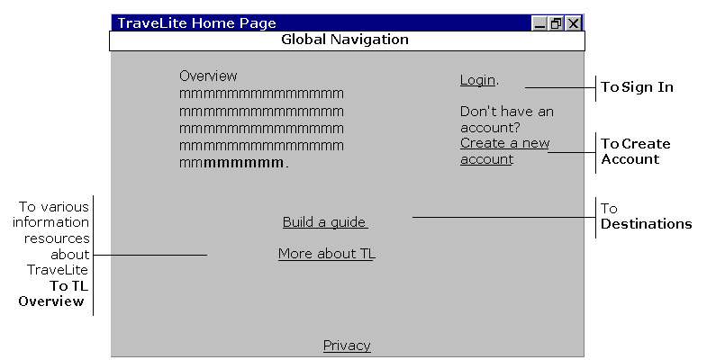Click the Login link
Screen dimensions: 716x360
tap(477, 80)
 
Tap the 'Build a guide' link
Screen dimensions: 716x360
tap(325, 222)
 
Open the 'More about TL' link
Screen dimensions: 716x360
tap(327, 254)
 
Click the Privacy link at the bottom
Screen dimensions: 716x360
tap(347, 346)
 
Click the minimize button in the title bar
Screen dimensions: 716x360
tap(539, 23)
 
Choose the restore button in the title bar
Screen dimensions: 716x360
tap(557, 23)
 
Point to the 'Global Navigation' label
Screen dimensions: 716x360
tap(345, 40)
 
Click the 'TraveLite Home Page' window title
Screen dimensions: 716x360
tap(197, 22)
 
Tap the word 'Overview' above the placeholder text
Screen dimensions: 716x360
tap(208, 76)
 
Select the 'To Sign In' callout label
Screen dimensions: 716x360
tap(637, 87)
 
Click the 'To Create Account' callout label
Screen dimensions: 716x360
tap(636, 151)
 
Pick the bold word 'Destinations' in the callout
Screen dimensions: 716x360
tap(646, 224)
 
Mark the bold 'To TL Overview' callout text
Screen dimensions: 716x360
tap(53, 293)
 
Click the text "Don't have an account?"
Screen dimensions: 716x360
tap(506, 120)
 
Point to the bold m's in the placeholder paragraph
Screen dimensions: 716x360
tap(243, 163)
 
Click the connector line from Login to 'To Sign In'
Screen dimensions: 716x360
tap(560, 87)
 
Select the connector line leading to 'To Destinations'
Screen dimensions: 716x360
tap(504, 217)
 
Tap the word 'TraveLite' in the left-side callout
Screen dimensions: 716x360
tap(58, 270)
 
